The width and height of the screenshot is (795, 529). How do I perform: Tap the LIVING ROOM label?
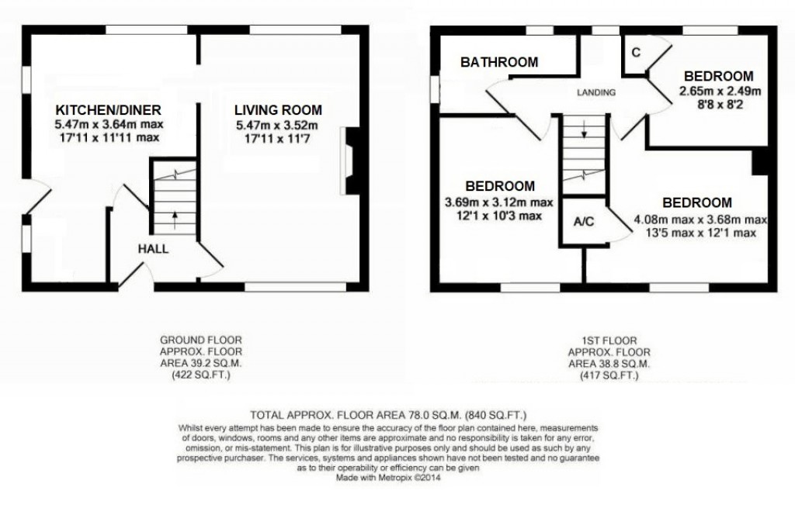coord(279,110)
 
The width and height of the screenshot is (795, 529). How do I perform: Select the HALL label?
coord(153,248)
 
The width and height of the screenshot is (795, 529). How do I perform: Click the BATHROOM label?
coord(498,63)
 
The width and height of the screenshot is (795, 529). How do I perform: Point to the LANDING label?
coord(595,92)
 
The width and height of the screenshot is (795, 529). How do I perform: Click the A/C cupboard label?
coord(584,222)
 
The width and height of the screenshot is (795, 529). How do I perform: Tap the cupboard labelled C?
coord(635,53)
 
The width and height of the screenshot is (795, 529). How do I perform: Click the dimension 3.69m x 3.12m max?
coord(499,202)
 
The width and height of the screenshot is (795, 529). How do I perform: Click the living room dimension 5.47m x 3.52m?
coord(278,125)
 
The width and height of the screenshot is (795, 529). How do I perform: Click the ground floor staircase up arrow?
coord(173,220)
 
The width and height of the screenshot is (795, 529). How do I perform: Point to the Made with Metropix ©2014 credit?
coord(388,479)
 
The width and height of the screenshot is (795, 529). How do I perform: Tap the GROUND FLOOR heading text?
coord(200,340)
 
